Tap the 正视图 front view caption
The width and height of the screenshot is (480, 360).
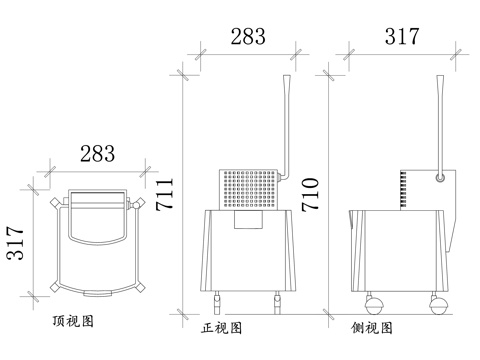click(222, 327)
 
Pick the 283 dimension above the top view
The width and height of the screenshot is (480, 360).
click(97, 154)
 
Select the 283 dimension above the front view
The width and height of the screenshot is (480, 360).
click(248, 37)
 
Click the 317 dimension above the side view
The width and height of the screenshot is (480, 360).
click(401, 37)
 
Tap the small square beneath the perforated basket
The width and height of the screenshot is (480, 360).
click(245, 220)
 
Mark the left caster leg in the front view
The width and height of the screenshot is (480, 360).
click(218, 296)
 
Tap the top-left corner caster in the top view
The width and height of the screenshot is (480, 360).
click(54, 204)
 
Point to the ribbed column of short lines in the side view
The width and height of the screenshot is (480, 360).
click(403, 188)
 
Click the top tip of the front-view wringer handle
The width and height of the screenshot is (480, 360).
click(288, 80)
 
